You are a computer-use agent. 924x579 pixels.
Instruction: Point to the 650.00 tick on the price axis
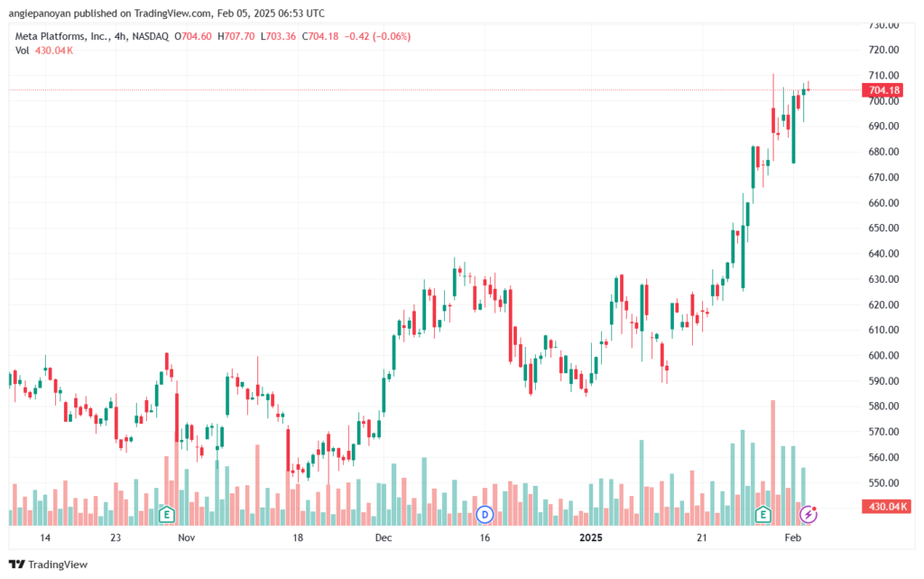884,229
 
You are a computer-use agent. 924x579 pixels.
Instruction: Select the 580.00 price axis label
884,406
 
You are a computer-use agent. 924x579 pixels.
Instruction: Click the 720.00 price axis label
884,50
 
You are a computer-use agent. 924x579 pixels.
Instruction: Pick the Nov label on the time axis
186,537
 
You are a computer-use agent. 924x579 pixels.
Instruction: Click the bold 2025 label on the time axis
591,537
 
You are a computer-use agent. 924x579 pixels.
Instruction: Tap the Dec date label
383,537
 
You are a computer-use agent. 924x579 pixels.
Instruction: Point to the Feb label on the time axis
793,537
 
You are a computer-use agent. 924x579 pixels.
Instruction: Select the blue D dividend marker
485,515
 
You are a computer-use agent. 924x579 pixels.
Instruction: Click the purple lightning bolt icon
808,515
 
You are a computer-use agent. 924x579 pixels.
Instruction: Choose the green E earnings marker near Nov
167,515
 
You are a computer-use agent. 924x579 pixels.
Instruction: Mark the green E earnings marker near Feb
763,515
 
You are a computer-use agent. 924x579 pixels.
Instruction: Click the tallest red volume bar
773,462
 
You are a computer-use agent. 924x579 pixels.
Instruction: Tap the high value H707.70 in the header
236,36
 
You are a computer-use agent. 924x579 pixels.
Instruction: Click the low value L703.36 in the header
278,36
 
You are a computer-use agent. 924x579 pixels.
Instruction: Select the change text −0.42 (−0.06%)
377,36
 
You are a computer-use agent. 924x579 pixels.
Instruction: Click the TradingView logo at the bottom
49,565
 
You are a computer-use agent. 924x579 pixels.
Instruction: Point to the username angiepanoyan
40,14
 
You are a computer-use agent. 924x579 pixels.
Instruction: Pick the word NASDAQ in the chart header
151,36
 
